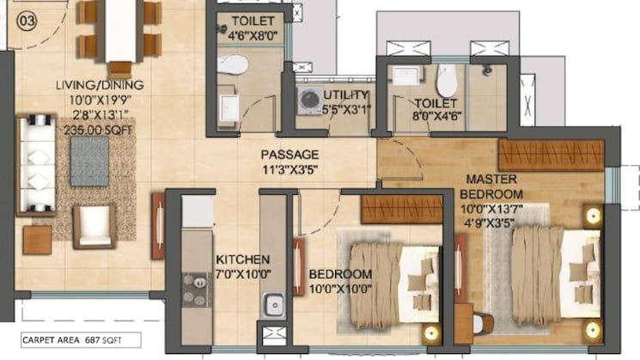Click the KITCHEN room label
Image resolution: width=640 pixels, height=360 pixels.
click(243, 259)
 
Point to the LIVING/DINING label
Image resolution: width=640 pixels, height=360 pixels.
click(100, 84)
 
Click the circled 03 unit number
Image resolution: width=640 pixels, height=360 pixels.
click(27, 17)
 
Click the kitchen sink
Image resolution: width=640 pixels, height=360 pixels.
click(273, 303)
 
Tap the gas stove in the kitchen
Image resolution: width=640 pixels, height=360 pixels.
click(197, 290)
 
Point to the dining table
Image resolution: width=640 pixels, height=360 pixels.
click(119, 32)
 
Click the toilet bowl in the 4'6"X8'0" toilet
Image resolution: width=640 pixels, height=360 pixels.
click(231, 64)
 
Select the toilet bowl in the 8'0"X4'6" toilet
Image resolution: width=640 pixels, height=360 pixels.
click(446, 81)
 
